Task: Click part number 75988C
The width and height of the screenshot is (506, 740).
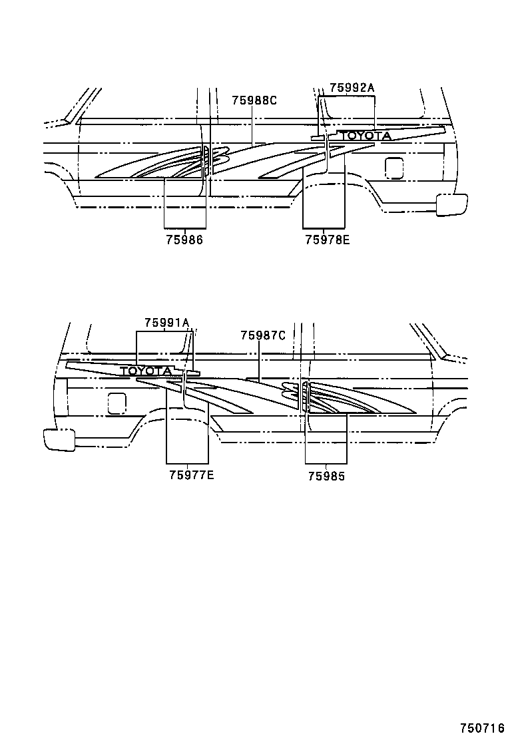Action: pos(254,100)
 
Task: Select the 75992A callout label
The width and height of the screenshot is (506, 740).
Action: pos(352,87)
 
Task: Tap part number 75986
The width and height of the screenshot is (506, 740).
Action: pos(184,241)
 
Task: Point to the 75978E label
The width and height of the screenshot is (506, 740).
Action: pos(327,241)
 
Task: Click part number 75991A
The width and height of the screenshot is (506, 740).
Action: pos(166,323)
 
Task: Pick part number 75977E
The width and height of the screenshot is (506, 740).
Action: pos(191,474)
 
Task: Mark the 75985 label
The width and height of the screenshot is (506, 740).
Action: pos(326,476)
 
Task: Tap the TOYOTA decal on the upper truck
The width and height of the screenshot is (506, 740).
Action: pos(365,136)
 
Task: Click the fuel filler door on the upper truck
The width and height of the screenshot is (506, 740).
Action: pos(394,168)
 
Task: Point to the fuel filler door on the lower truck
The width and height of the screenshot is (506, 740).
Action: pos(117,403)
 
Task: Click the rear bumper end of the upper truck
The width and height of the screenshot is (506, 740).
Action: pos(451,204)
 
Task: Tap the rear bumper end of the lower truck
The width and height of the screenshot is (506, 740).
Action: pos(59,439)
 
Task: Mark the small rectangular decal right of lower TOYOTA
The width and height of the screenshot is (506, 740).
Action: pos(193,373)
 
